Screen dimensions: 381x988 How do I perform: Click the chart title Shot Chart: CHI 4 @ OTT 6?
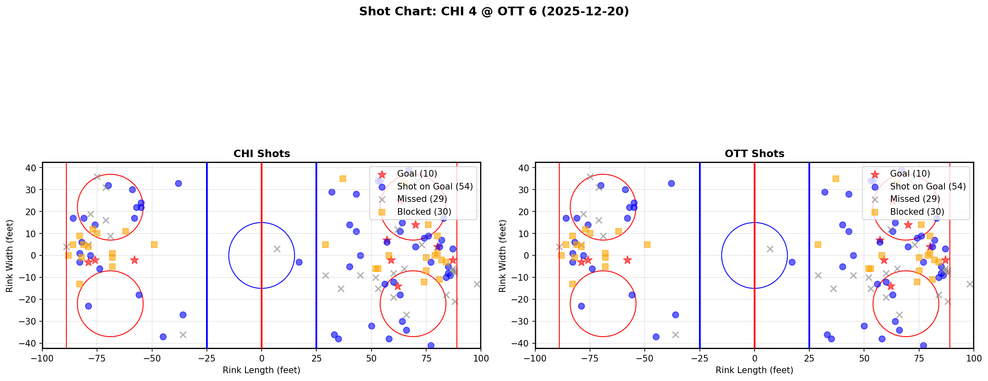click(494, 11)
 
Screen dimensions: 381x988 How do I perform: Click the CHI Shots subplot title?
click(262, 154)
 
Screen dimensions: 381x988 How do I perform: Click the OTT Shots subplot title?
click(755, 154)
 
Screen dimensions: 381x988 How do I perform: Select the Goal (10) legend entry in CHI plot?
click(417, 174)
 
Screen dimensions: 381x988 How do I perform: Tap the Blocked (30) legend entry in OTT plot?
click(917, 212)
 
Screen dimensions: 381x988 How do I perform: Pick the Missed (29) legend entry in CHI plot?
click(422, 199)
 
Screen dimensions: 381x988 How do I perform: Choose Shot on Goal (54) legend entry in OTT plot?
click(927, 187)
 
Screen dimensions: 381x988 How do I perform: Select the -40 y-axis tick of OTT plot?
click(522, 343)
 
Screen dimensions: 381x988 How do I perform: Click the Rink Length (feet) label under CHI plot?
click(262, 370)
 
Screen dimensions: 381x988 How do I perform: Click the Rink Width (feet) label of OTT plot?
click(502, 256)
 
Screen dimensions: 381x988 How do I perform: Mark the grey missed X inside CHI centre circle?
click(277, 249)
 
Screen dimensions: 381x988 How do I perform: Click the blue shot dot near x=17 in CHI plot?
click(299, 262)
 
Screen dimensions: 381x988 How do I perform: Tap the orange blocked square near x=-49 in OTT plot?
click(647, 245)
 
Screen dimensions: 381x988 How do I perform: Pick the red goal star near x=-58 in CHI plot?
click(134, 260)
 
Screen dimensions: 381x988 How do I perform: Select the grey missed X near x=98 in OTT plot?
click(970, 284)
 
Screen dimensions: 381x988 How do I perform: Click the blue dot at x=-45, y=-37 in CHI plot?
click(163, 337)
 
